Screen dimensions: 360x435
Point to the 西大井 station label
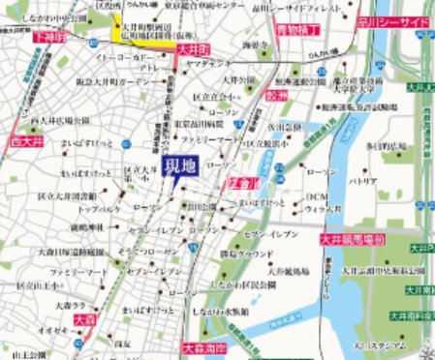[x=17, y=140]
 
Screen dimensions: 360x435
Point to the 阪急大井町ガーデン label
[x=126, y=84]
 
